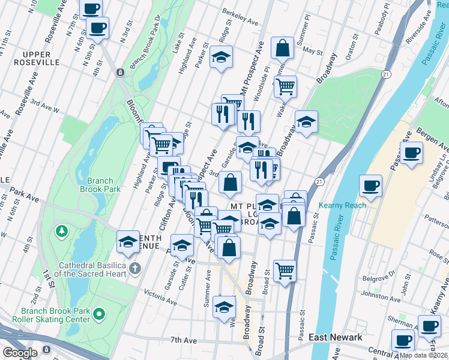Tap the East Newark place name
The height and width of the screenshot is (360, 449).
click(335, 337)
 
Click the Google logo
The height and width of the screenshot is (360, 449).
click(20, 353)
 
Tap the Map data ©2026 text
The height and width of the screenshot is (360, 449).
click(424, 355)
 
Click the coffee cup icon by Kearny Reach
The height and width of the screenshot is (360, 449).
click(370, 185)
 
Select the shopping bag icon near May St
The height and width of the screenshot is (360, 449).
click(282, 47)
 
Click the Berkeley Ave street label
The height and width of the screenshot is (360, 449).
click(240, 18)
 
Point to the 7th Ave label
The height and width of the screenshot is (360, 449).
click(183, 340)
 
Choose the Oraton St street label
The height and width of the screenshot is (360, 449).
click(354, 42)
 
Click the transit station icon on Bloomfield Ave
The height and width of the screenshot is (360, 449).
click(121, 73)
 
